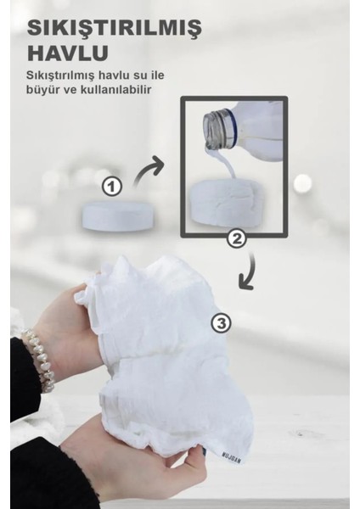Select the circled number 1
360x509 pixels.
(x=112, y=185)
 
